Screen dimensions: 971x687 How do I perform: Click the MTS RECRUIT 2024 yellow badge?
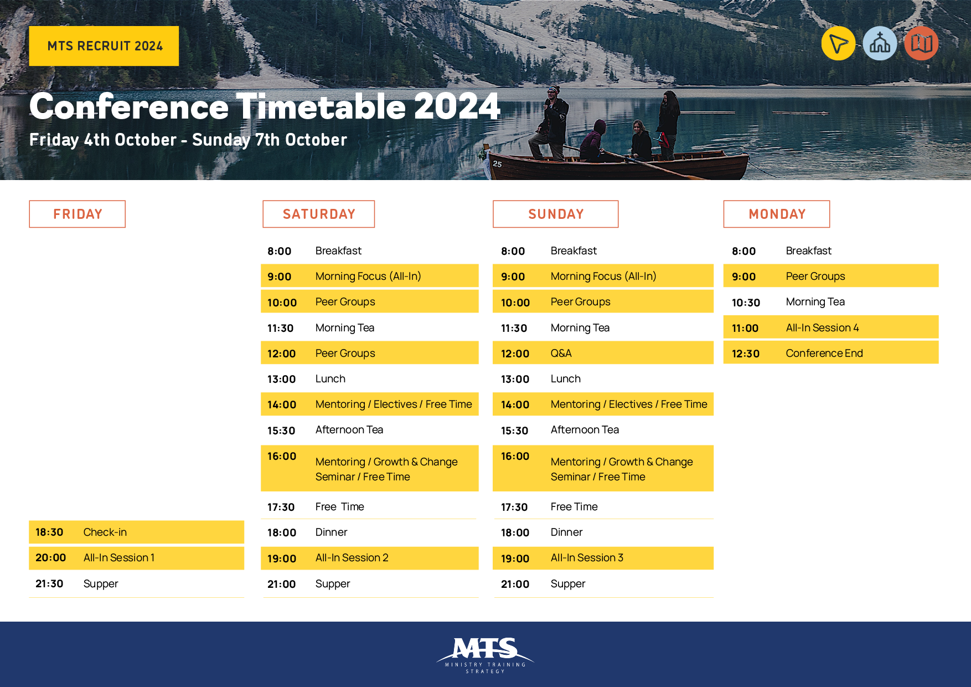point(104,46)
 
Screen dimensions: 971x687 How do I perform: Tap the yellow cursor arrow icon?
point(838,43)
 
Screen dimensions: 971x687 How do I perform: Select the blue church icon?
point(880,43)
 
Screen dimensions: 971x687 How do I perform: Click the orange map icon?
point(921,43)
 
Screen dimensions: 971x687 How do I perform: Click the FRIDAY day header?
point(78,214)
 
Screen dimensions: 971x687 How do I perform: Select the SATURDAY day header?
point(319,214)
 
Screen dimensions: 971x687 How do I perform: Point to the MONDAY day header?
point(777,214)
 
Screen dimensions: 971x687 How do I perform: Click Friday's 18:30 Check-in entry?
point(136,532)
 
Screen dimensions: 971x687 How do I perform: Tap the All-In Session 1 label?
point(119,557)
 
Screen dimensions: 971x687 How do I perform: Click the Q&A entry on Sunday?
point(603,353)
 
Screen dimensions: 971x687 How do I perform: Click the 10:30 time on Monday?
point(746,303)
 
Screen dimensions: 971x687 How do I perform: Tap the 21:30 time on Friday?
point(49,583)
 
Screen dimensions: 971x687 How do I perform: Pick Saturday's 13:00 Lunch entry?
point(370,379)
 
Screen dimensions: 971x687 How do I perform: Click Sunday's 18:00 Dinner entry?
point(603,532)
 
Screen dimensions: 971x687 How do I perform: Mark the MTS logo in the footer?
point(485,655)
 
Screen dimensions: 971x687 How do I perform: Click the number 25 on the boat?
point(497,164)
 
